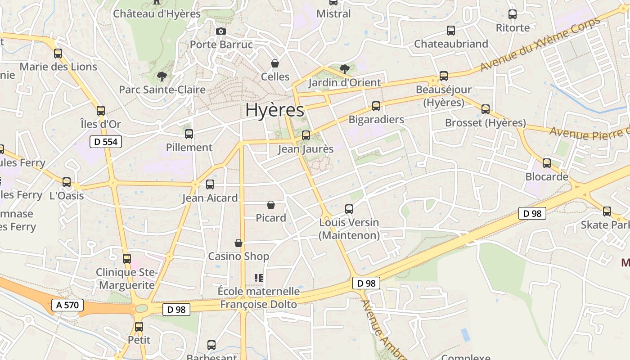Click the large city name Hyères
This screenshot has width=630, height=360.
[x=274, y=110]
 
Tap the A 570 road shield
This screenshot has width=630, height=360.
[x=67, y=305]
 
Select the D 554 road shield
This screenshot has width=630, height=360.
[x=106, y=142]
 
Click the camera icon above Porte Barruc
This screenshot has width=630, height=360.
[x=220, y=31]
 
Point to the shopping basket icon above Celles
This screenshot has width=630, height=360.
[x=275, y=63]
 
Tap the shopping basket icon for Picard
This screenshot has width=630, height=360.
[x=271, y=205]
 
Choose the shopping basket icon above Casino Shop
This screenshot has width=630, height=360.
[x=238, y=243]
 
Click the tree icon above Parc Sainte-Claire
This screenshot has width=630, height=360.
[x=162, y=76]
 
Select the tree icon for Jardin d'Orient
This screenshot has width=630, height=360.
[x=345, y=69]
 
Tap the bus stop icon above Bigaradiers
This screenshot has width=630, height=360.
[x=376, y=106]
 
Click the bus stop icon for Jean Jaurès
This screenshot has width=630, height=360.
[x=306, y=135]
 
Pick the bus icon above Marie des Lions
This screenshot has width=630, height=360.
[x=58, y=54]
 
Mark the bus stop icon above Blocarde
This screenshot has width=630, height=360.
[x=547, y=163]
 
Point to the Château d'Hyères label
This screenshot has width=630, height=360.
[x=157, y=14]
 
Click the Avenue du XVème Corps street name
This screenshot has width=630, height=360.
[x=540, y=44]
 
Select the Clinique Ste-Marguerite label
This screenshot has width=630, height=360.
[x=126, y=279]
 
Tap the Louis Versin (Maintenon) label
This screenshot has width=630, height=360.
[x=349, y=229]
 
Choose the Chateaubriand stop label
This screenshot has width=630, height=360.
[x=451, y=44]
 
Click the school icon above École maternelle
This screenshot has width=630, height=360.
[x=258, y=278]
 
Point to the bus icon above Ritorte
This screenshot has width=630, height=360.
[x=513, y=14]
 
